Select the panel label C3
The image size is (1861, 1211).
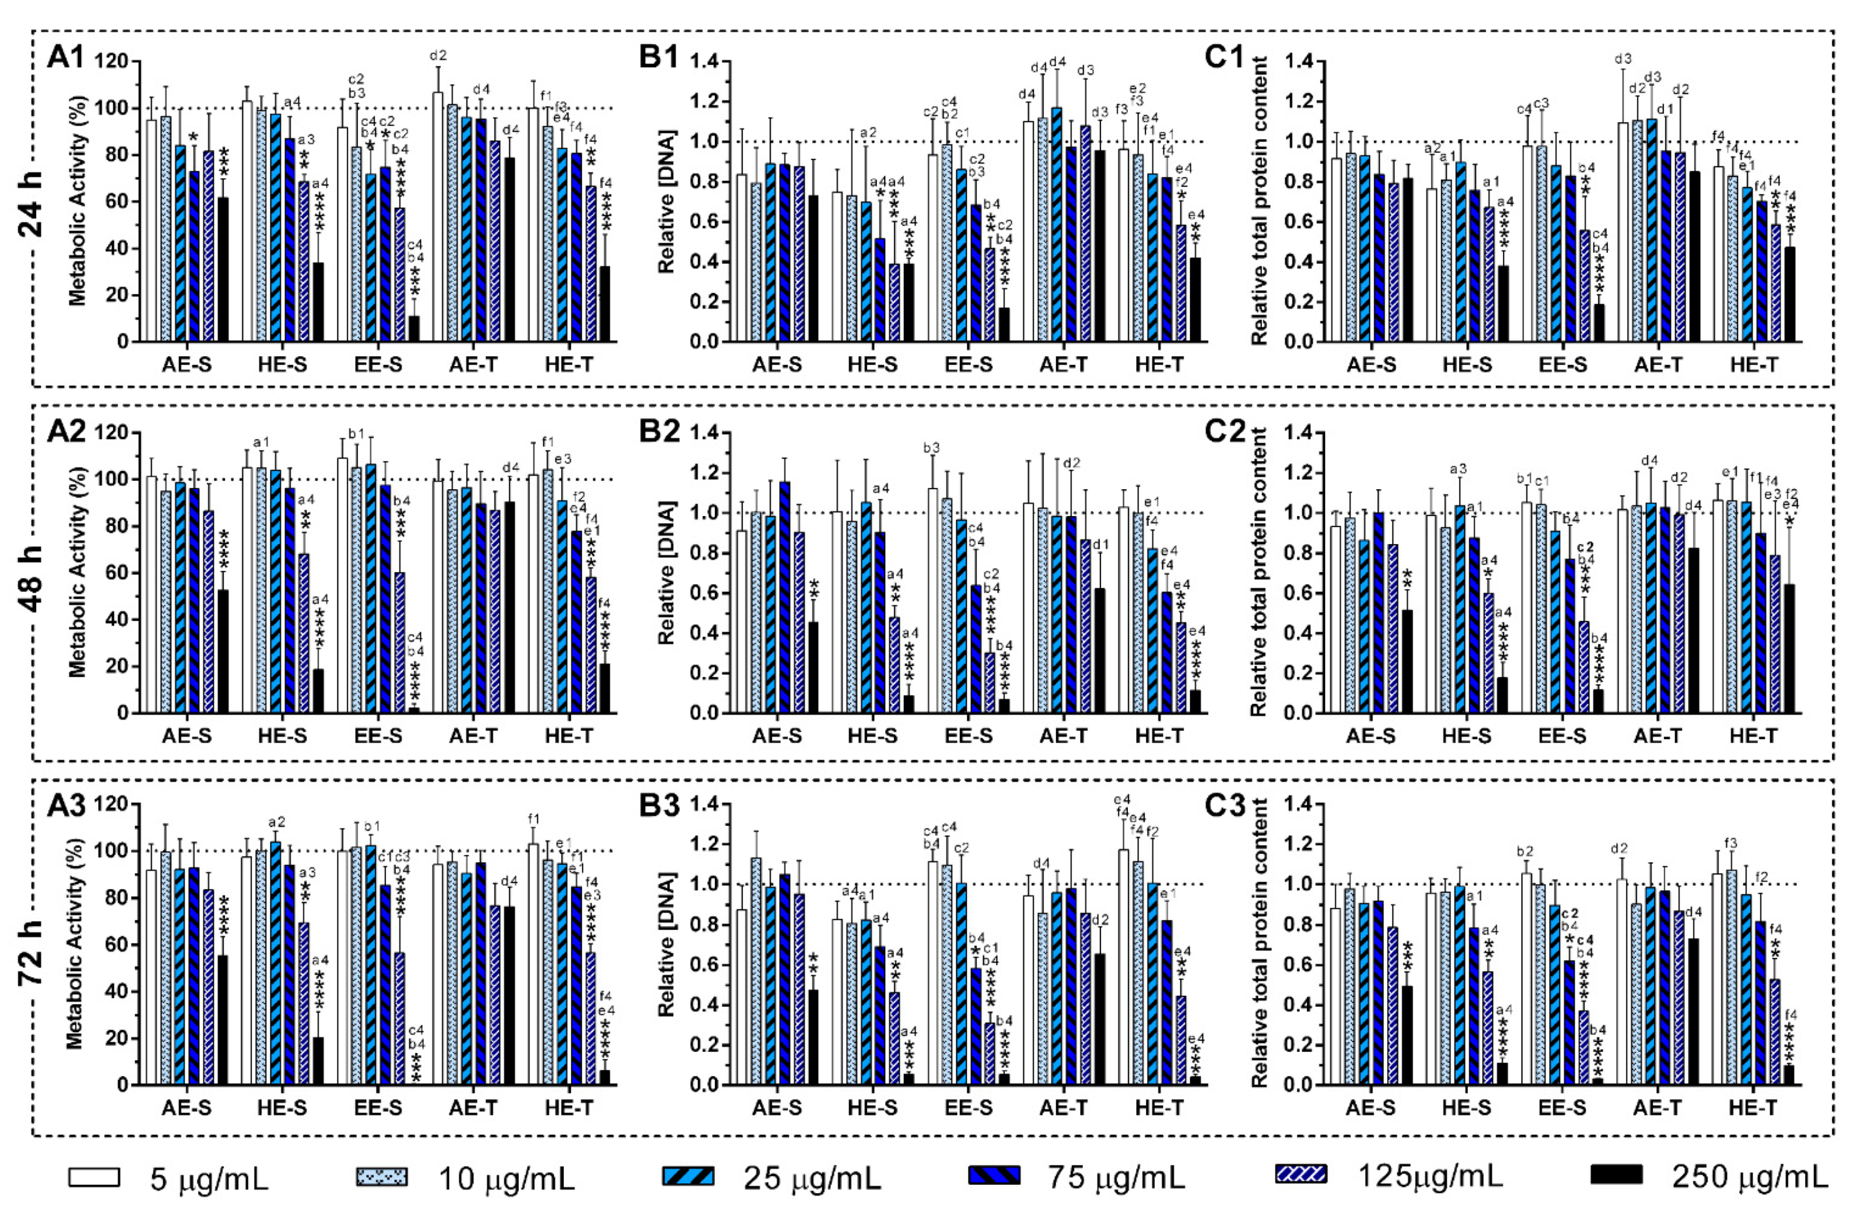click(x=1224, y=805)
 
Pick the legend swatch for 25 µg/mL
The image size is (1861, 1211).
click(x=688, y=1175)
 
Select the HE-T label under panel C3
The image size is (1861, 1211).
click(x=1754, y=1107)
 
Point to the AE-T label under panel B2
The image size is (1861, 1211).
click(x=1064, y=736)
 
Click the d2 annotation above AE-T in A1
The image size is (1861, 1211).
click(x=438, y=55)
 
